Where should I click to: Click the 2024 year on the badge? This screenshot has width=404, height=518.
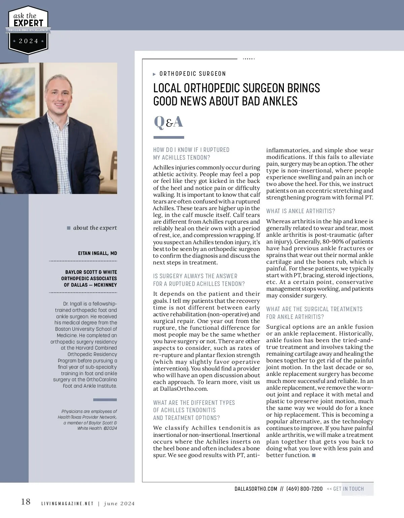[x=28, y=41]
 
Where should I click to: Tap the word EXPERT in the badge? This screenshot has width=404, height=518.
[x=28, y=23]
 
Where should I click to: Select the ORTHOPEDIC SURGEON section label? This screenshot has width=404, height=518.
[x=193, y=74]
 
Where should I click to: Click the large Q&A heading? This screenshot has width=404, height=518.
[x=168, y=122]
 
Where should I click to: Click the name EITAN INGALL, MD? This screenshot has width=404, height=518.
[x=97, y=253]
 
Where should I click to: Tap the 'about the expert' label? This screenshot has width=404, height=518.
[x=95, y=228]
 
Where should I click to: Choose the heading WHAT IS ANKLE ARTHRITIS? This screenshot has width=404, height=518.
[x=301, y=211]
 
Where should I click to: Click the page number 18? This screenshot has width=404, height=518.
[x=26, y=502]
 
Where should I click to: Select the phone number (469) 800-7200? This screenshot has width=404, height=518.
[x=304, y=489]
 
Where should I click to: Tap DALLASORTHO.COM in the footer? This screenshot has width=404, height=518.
[x=256, y=489]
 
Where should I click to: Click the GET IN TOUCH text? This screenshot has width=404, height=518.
[x=348, y=489]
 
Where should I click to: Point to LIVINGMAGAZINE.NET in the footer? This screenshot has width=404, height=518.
[x=67, y=504]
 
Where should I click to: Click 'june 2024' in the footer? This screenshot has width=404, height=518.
[x=119, y=504]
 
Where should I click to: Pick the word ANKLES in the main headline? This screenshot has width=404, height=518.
[x=278, y=101]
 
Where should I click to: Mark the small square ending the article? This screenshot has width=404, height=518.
[x=314, y=455]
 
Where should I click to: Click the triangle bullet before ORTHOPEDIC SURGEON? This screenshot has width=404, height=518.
[x=154, y=74]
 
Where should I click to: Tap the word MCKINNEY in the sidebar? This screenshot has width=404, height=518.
[x=105, y=285]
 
